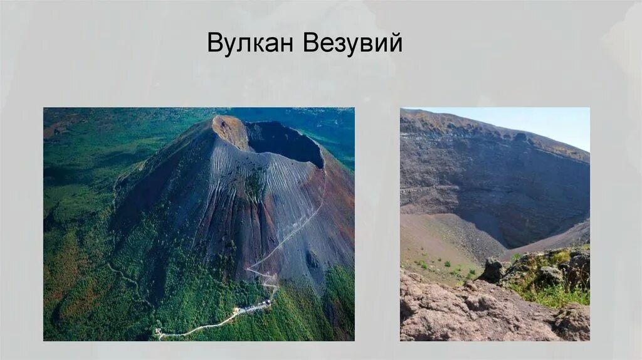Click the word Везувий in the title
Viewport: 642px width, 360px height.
352,43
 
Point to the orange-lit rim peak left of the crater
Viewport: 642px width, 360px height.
229,129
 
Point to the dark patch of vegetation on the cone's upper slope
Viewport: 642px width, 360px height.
253,185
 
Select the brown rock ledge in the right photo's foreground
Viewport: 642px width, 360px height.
464,314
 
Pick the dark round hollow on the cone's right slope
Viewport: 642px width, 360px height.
312,258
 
